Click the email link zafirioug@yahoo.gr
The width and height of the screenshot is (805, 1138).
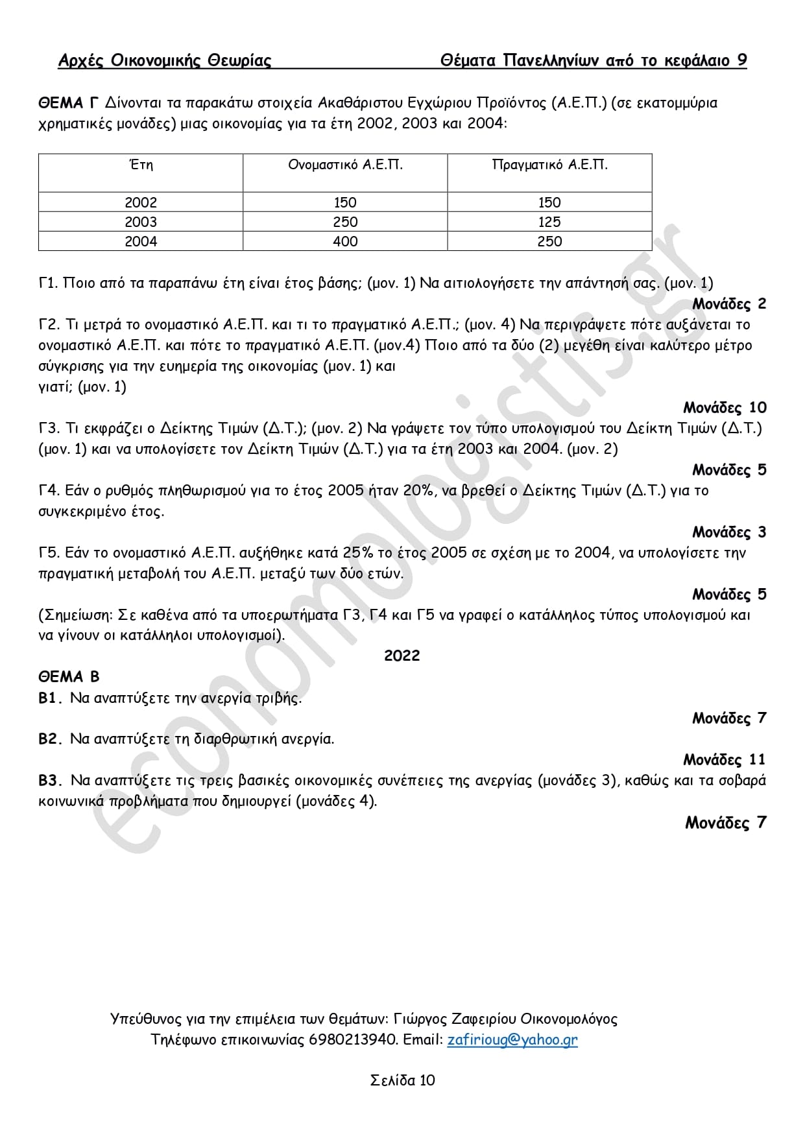(x=512, y=1039)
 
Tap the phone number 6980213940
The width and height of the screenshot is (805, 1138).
(x=352, y=1039)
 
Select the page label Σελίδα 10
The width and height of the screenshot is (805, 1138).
(x=402, y=1080)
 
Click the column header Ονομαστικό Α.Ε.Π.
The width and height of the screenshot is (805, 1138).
(x=345, y=165)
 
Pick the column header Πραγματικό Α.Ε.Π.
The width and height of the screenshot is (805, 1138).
(x=549, y=165)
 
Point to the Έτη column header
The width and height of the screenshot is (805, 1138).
(x=141, y=165)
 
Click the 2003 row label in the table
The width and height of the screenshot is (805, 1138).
(x=141, y=222)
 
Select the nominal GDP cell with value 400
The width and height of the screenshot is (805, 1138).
(x=345, y=241)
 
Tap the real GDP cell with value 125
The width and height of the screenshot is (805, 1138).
(x=549, y=222)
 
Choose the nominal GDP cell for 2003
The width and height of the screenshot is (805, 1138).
(x=345, y=222)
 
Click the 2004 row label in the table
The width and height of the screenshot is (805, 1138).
(x=141, y=241)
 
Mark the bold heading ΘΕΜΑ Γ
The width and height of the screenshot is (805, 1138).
(x=68, y=102)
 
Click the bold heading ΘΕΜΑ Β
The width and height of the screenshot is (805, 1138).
(x=69, y=676)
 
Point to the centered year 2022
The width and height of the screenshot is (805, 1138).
(x=402, y=656)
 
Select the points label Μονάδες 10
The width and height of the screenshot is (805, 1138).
(x=725, y=407)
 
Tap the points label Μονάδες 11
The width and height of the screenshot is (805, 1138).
(x=725, y=759)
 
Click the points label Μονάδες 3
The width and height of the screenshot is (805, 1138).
(x=729, y=532)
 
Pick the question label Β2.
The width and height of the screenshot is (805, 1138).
(x=49, y=739)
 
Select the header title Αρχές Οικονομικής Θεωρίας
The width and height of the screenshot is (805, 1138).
(x=165, y=60)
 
